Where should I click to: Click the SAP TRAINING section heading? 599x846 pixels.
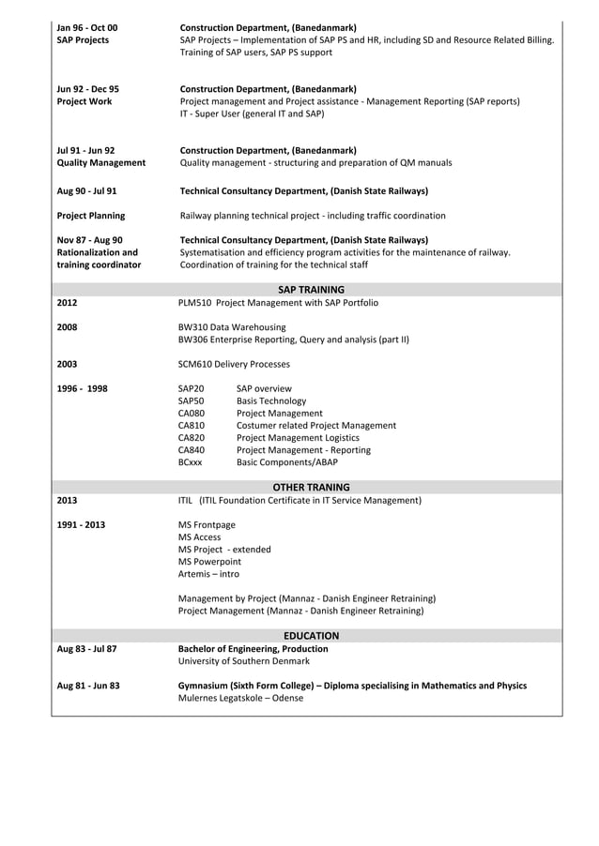coord(311,290)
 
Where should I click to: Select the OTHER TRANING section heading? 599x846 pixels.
coord(311,488)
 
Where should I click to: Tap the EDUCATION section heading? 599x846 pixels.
coord(311,636)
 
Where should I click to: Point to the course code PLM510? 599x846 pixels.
coord(193,303)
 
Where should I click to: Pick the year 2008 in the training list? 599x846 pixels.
coord(68,327)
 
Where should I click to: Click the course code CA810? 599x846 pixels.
coord(192,426)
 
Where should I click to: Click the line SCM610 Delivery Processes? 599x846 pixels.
coord(234,364)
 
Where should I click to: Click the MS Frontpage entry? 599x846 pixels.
coord(207,525)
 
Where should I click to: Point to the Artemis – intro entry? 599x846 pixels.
coord(208,574)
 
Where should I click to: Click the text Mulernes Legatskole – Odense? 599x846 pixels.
coord(235,699)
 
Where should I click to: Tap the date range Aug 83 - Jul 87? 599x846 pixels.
coord(86,649)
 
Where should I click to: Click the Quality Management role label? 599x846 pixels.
coord(100,163)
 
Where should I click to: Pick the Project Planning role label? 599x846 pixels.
coord(91,216)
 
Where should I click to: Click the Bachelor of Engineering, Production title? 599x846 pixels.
coord(253,649)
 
